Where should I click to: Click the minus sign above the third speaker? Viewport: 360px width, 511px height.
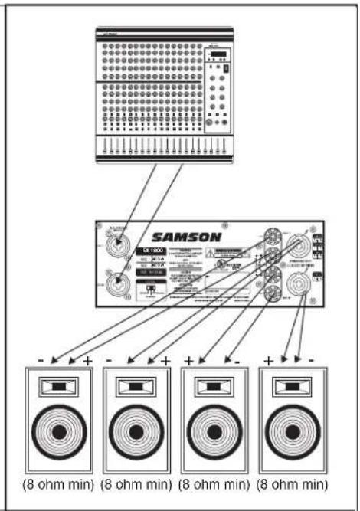(238, 360)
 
